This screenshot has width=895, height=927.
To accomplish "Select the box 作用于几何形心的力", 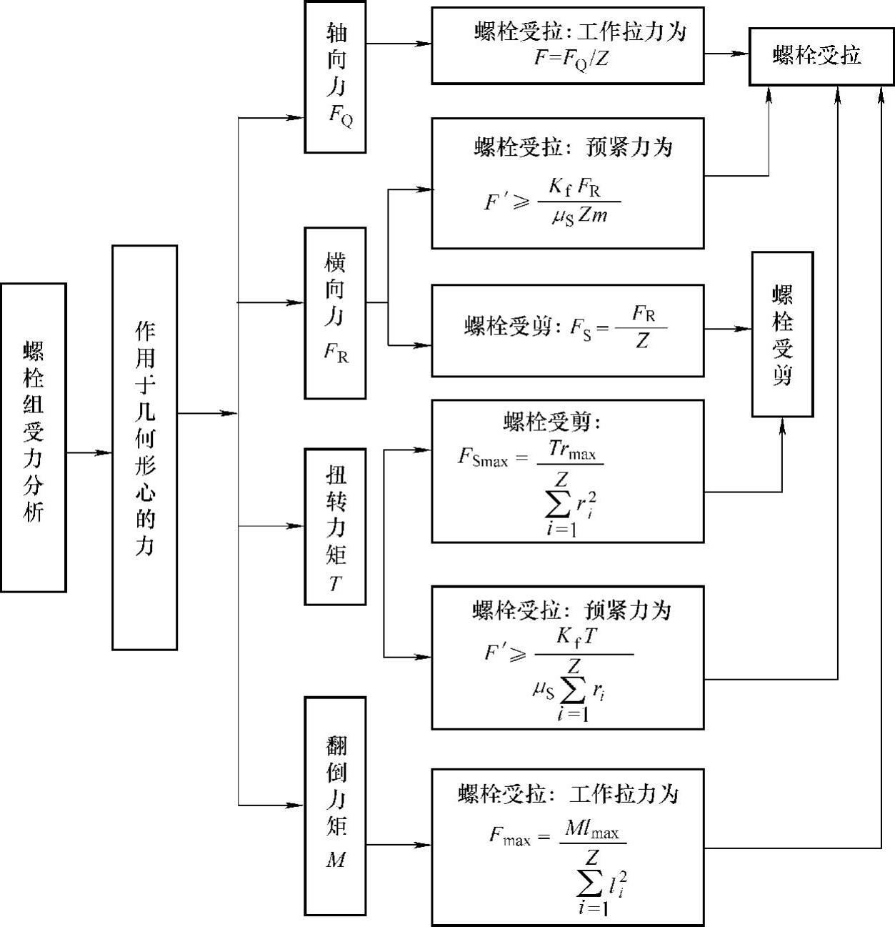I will pyautogui.click(x=144, y=447).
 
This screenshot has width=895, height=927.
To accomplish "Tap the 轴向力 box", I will pyautogui.click(x=335, y=76).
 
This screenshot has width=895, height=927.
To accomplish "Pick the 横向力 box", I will pyautogui.click(x=335, y=312).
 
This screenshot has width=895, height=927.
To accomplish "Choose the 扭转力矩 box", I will pyautogui.click(x=335, y=526).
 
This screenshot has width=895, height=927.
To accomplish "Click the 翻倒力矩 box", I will pyautogui.click(x=335, y=805).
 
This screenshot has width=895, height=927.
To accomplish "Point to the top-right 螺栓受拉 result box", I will pyautogui.click(x=820, y=56).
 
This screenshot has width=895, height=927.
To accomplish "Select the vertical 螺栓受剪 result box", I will pyautogui.click(x=782, y=334).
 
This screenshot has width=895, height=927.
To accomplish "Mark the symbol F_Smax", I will pyautogui.click(x=482, y=457).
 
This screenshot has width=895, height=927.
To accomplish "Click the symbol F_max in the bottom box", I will pyautogui.click(x=509, y=836).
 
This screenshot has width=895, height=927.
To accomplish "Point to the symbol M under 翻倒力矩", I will pyautogui.click(x=335, y=860).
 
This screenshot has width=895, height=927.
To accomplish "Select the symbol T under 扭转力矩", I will pyautogui.click(x=335, y=585).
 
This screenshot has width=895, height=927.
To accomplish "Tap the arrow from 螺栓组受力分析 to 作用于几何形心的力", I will pyautogui.click(x=89, y=452).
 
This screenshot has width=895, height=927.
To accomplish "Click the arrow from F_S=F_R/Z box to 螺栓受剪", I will pyautogui.click(x=728, y=329).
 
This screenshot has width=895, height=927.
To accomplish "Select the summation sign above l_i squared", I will pyautogui.click(x=590, y=885).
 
